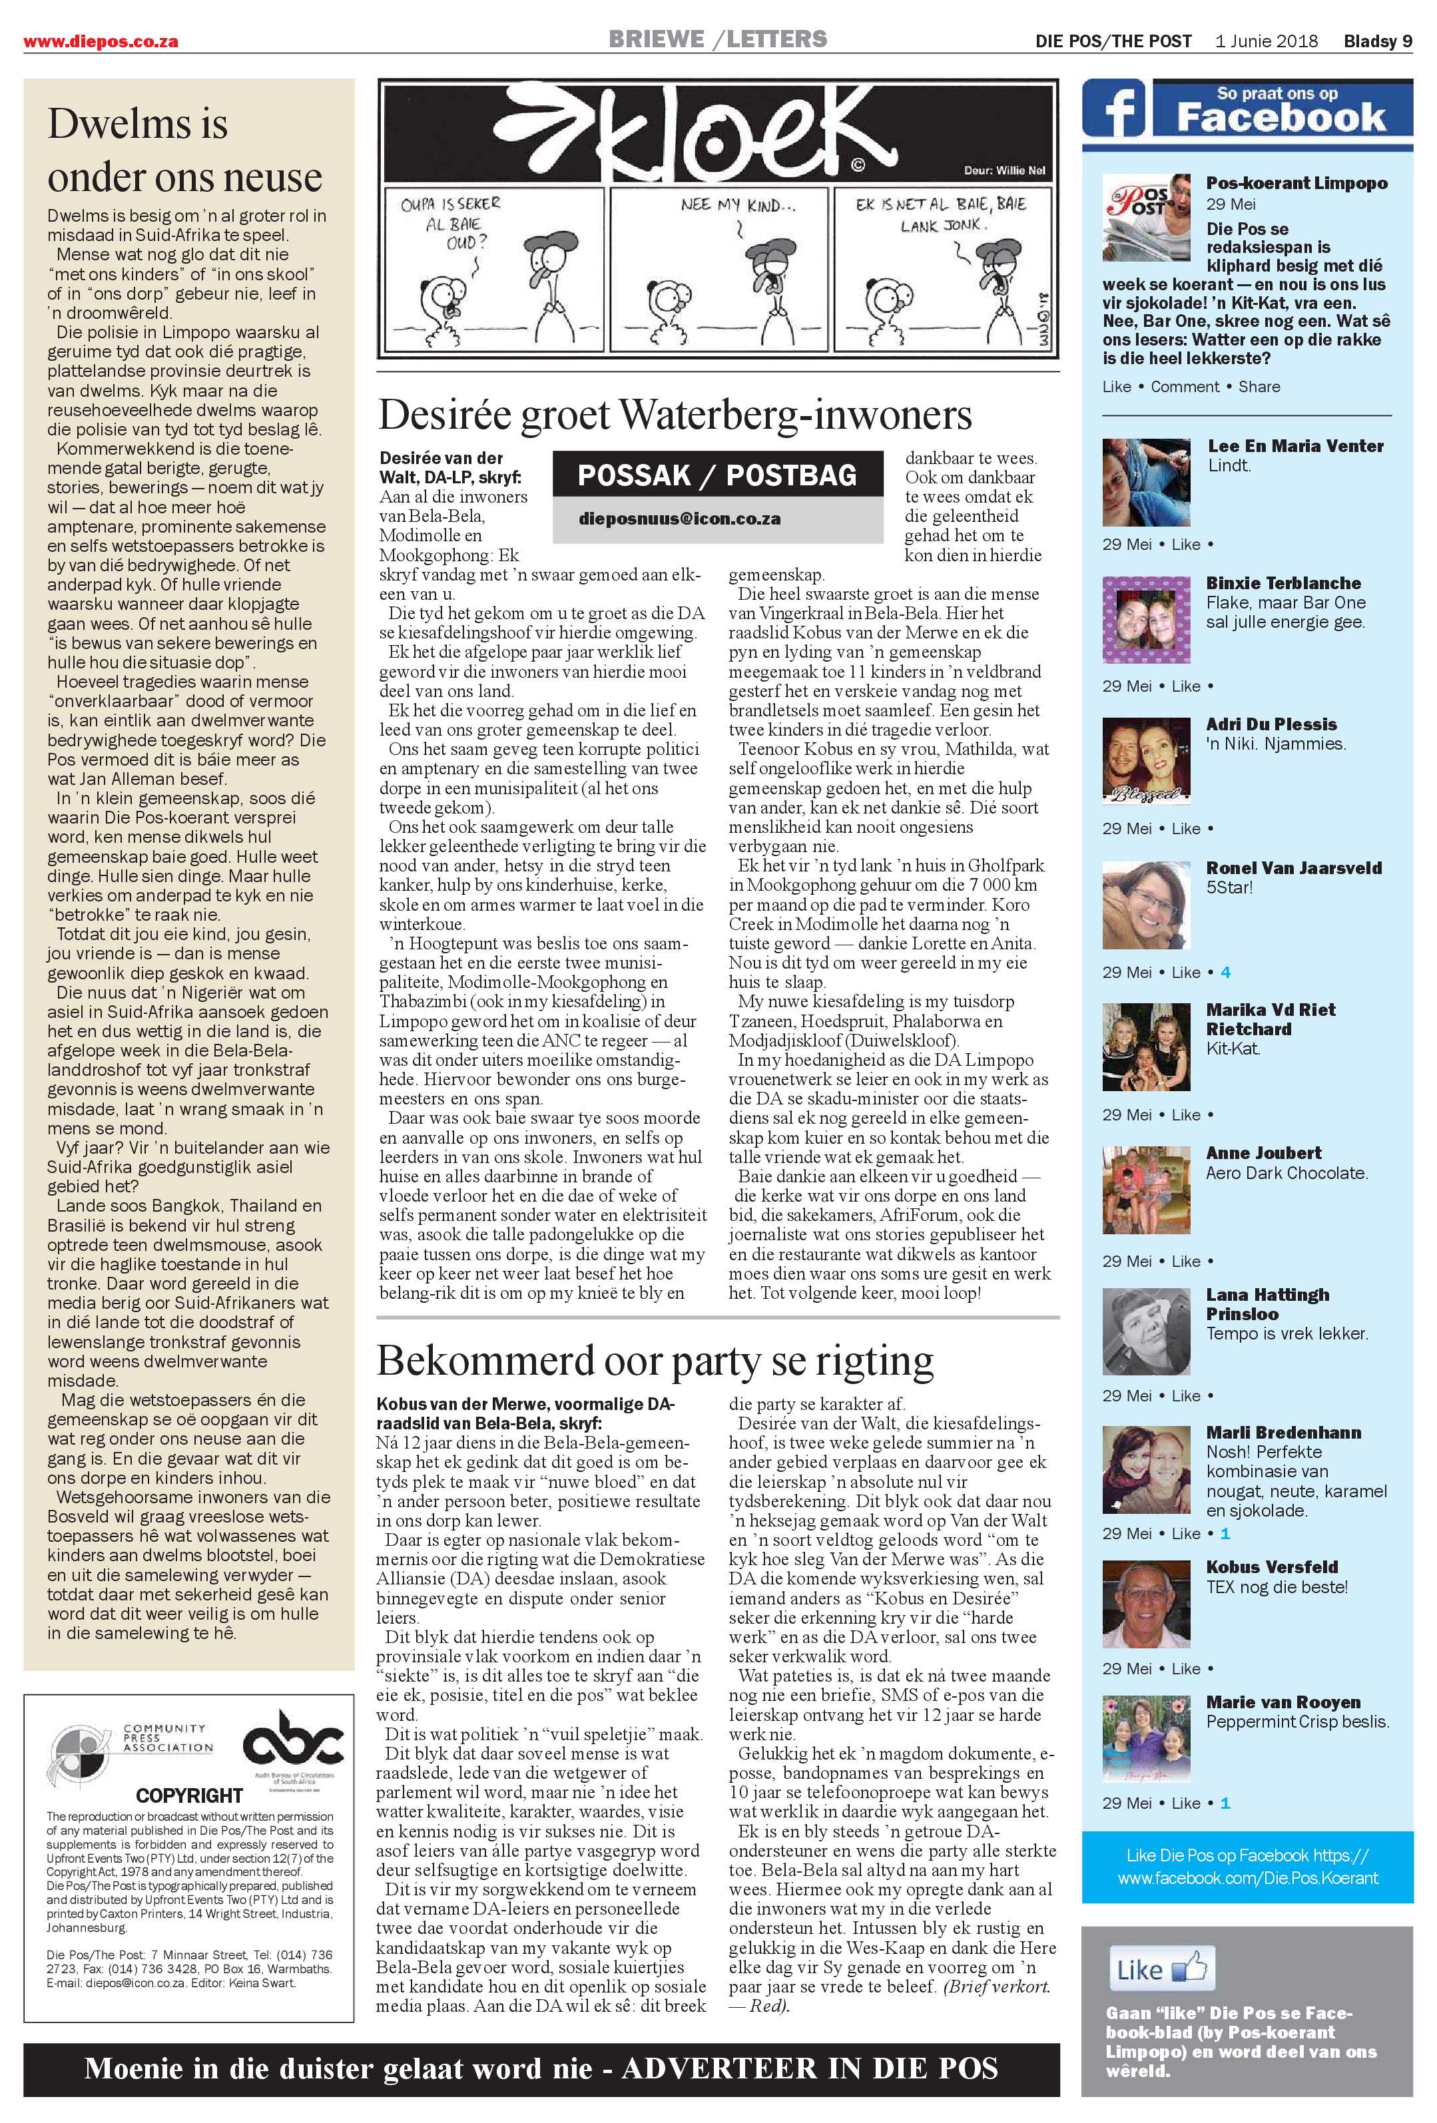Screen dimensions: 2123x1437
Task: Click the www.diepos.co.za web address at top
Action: tap(101, 41)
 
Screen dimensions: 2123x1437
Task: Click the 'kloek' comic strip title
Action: tap(624, 128)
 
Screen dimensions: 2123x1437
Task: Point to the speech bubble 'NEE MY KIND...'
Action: tap(737, 206)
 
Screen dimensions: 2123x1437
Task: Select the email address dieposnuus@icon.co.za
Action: tap(679, 518)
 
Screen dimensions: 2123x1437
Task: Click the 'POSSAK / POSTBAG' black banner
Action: tap(717, 475)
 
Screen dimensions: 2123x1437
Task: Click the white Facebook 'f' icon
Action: tap(1116, 110)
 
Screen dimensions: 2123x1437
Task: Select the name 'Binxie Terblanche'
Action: tap(1283, 583)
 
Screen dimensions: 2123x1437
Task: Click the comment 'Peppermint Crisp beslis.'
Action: tap(1297, 1722)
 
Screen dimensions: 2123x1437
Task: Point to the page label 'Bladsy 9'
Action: tap(1376, 41)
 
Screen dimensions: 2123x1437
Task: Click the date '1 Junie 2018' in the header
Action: tap(1266, 41)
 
